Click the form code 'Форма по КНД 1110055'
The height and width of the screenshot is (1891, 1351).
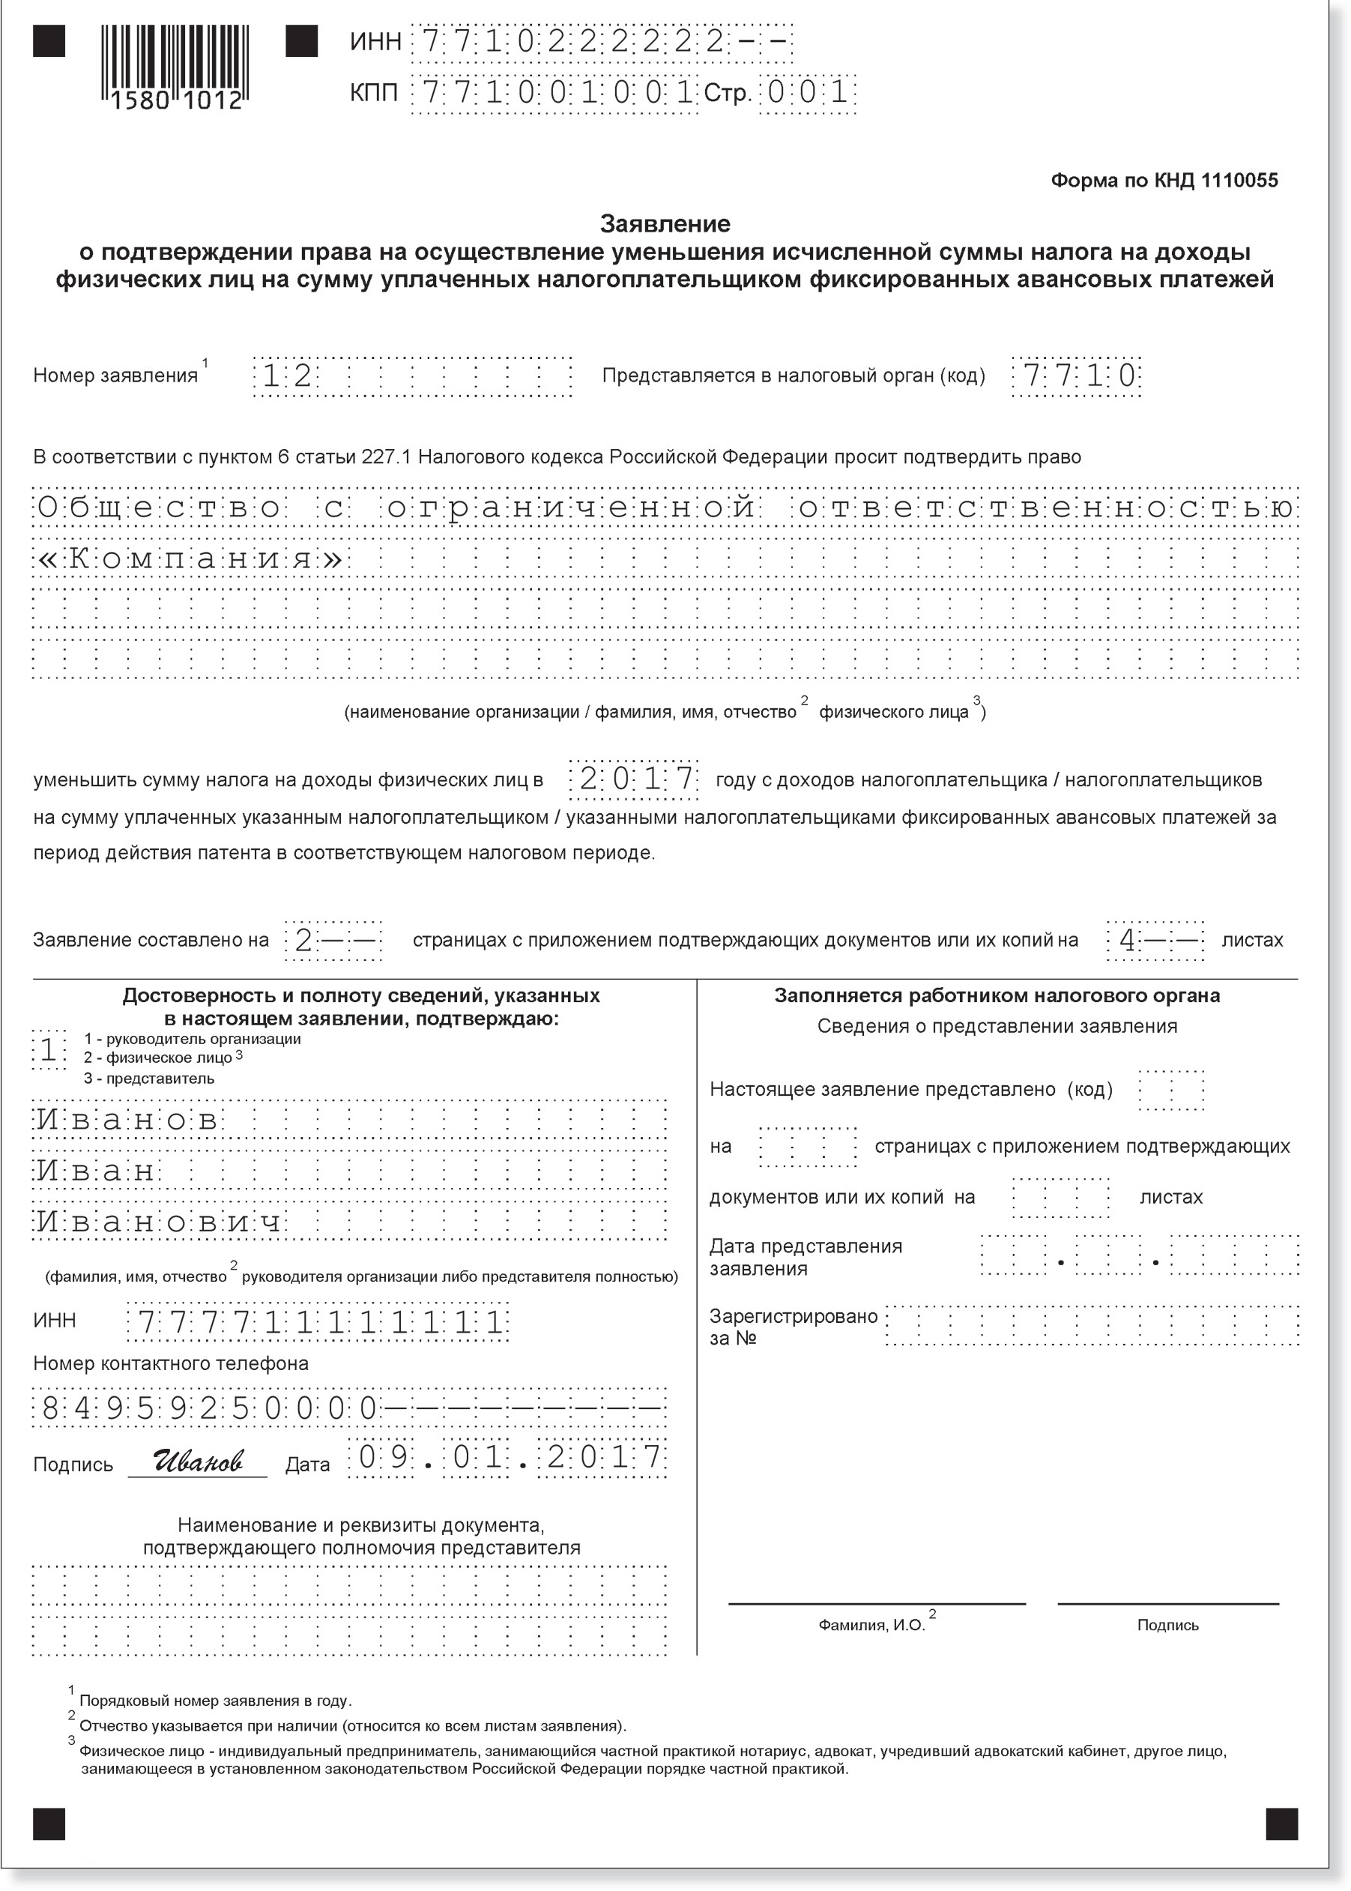click(1164, 181)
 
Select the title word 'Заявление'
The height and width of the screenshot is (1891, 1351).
click(665, 224)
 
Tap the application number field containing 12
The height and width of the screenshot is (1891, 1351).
click(412, 376)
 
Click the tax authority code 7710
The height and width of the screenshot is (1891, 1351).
click(1076, 376)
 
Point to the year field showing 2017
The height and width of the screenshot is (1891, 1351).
click(634, 779)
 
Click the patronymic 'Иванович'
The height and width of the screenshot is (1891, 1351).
click(159, 1222)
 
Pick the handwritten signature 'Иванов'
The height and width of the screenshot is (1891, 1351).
click(197, 1460)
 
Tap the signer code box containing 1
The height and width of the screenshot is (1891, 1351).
click(48, 1050)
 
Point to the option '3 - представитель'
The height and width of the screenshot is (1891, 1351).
click(149, 1079)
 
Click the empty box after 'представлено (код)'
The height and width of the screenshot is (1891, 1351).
click(1170, 1090)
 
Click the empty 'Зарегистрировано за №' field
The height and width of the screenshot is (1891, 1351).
click(1092, 1326)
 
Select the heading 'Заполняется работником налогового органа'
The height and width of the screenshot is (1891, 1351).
click(997, 996)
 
